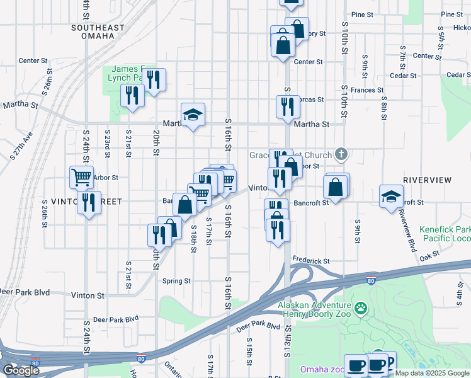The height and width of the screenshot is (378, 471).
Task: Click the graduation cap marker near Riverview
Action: [x=391, y=196]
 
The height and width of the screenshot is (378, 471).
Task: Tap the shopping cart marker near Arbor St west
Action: [x=82, y=177]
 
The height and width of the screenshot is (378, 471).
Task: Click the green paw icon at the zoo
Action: [x=361, y=308]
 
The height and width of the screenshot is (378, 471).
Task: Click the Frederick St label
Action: [x=310, y=261]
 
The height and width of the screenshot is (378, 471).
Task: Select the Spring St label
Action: [x=176, y=281]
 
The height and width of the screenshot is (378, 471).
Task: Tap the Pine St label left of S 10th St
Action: [x=363, y=14]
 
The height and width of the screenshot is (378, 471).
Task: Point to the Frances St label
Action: [x=367, y=91]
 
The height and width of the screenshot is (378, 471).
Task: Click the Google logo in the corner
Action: [x=21, y=370]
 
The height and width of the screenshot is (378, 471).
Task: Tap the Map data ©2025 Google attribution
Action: [x=432, y=373]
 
